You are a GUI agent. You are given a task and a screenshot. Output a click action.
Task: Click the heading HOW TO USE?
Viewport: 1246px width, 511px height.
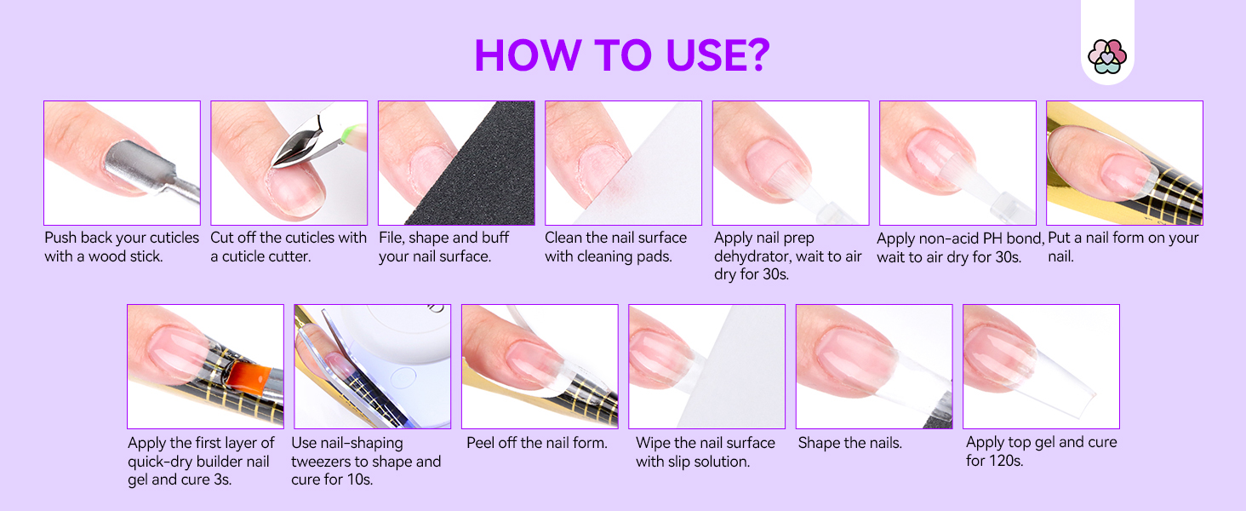(622, 55)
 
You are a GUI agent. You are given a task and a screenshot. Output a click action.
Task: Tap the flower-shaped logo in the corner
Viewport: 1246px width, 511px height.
(1106, 56)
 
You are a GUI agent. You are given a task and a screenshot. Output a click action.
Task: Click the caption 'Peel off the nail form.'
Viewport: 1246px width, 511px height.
(536, 443)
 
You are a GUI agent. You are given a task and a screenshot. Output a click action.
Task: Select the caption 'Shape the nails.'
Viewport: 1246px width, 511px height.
(849, 443)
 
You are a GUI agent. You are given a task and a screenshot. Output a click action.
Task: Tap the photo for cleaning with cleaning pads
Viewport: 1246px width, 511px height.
(623, 163)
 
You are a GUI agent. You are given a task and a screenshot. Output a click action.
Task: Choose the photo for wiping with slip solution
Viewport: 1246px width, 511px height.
(706, 366)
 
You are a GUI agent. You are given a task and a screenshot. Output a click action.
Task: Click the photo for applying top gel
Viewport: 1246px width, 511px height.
(1041, 366)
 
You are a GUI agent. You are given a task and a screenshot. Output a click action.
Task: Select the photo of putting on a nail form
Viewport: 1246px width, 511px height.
(1123, 163)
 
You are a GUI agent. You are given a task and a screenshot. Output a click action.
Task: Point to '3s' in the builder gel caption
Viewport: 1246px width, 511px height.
(220, 479)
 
